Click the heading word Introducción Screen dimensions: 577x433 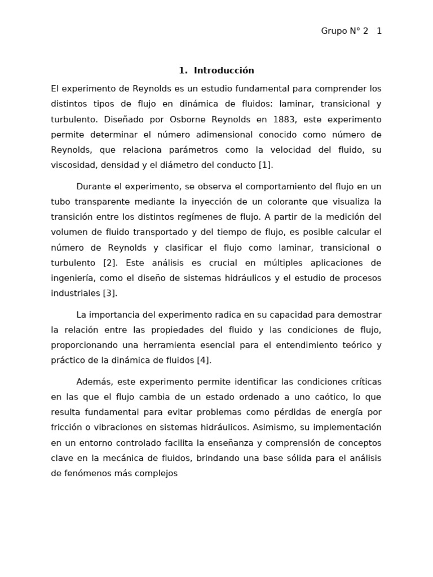tap(224, 70)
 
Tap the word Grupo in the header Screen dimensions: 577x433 tap(334, 31)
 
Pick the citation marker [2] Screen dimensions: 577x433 tap(109, 263)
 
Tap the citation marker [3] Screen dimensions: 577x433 tap(109, 293)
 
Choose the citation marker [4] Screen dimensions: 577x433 tap(204, 360)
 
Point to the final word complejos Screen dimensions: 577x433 tap(156, 473)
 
